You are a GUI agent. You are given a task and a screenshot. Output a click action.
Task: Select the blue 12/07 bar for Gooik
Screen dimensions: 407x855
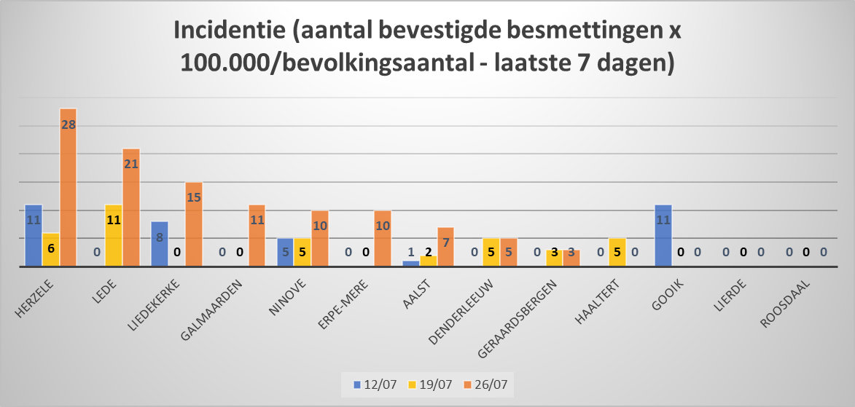[663, 236]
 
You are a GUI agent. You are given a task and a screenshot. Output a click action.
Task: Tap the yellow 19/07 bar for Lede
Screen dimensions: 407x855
[114, 236]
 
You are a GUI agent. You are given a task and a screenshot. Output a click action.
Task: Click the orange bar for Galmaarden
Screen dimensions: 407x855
[257, 236]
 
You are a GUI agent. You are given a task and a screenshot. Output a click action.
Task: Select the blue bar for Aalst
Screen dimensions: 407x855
[411, 264]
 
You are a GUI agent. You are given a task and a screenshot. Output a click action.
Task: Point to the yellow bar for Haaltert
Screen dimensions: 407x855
[617, 253]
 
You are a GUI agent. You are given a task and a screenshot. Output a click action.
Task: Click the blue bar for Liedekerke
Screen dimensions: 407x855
[160, 244]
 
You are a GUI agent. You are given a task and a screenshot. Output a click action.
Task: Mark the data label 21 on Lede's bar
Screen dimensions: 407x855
[131, 164]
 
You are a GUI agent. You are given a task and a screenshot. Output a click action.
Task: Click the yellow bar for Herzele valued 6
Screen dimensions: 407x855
[51, 250]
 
